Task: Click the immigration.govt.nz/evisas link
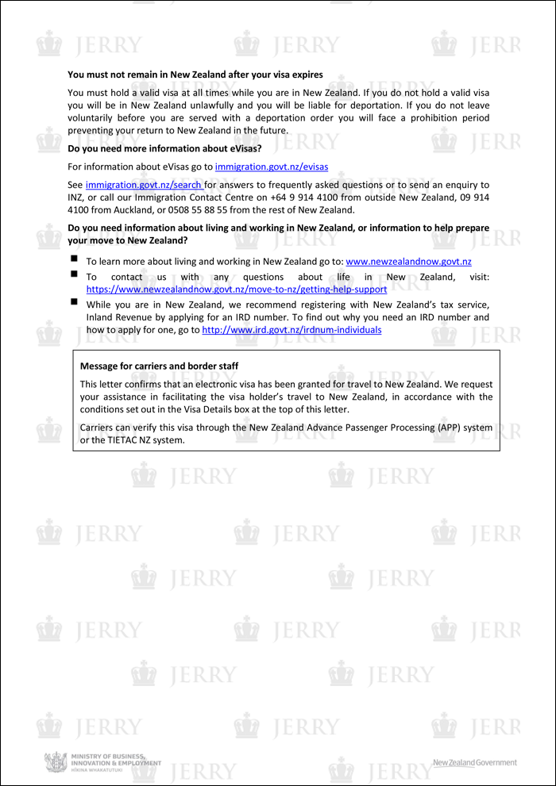tap(272, 167)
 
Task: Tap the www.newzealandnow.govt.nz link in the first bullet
tap(408, 261)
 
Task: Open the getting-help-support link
tap(237, 289)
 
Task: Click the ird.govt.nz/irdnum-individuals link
tap(292, 329)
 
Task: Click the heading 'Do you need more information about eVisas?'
tap(164, 148)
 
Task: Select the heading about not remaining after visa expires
tap(195, 75)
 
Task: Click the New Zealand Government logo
tap(474, 763)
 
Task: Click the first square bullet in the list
tap(74, 259)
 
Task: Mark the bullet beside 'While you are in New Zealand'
tap(74, 302)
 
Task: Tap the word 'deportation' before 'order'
tap(261, 117)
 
